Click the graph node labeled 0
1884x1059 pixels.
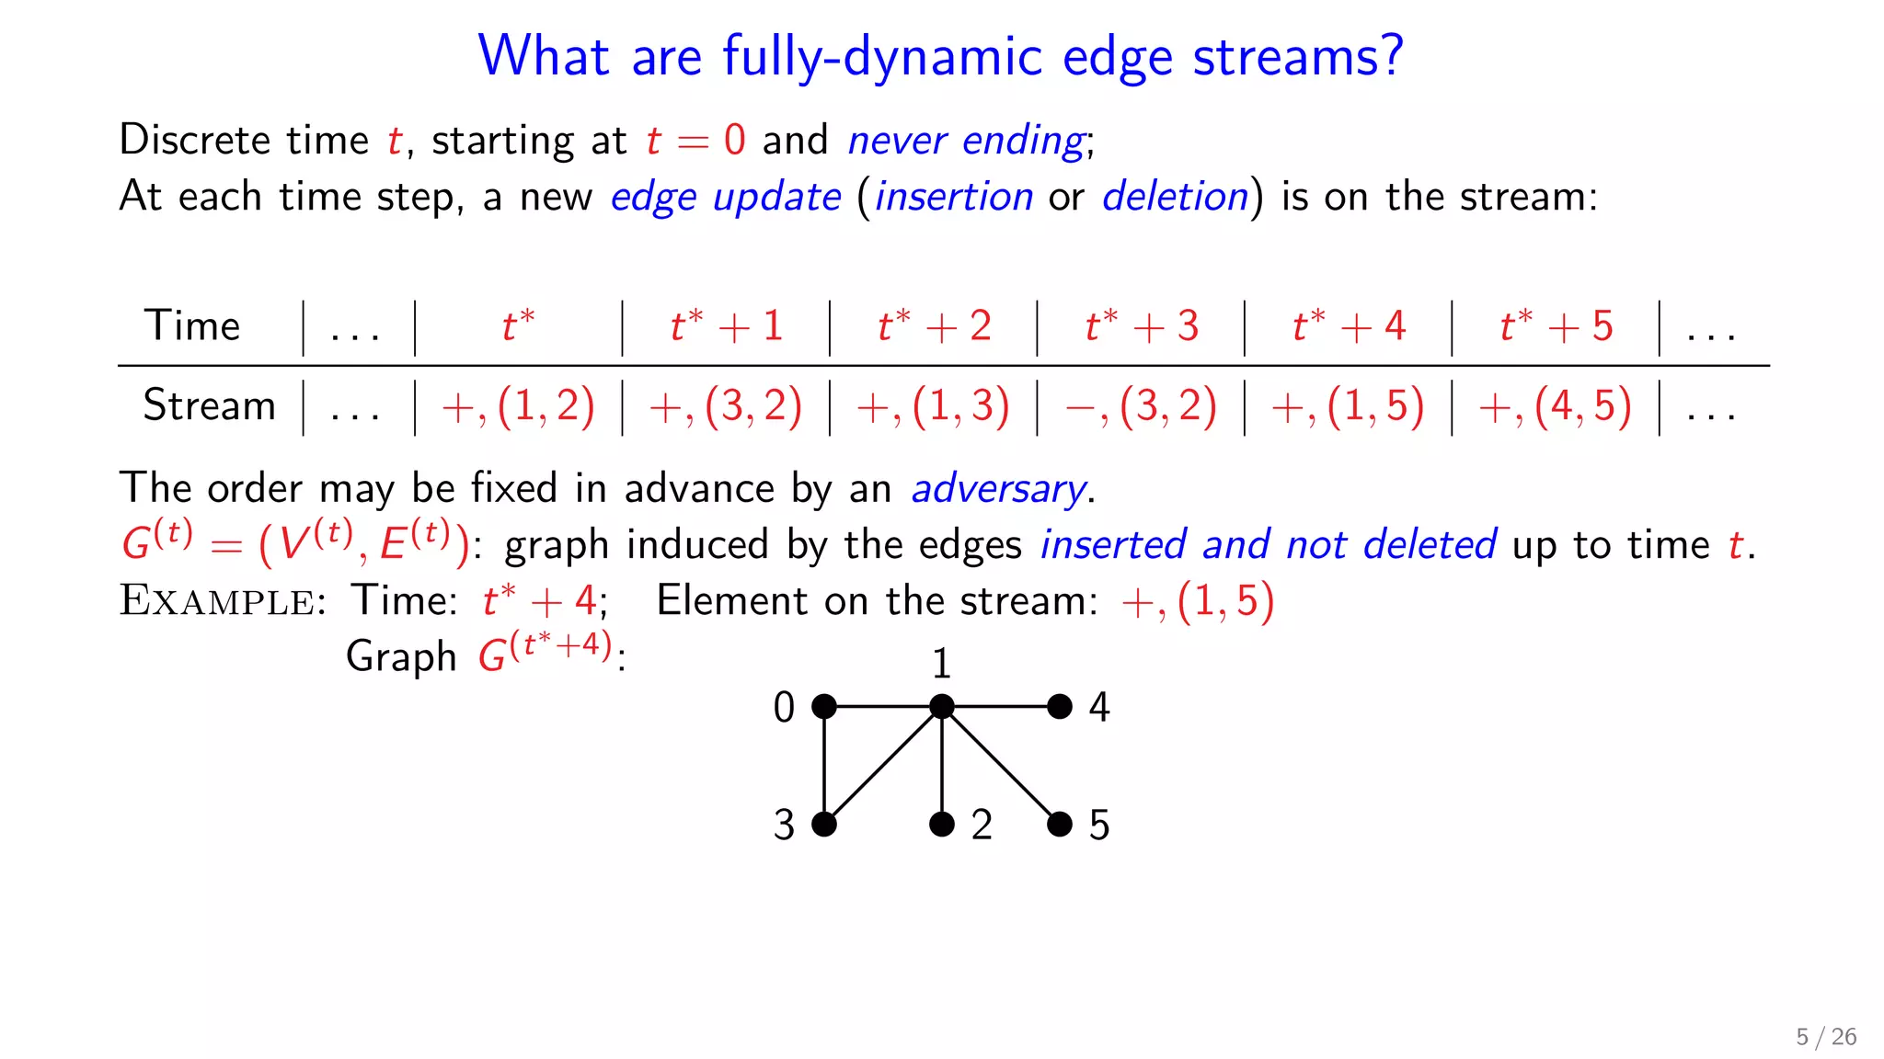(824, 706)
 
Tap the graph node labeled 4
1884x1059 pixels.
(1060, 706)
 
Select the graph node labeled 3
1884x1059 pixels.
(824, 824)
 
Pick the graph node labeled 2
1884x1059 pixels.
(942, 824)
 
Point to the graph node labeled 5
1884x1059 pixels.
(1060, 824)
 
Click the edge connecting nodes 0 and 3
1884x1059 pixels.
(824, 765)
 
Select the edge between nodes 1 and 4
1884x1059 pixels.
(1001, 706)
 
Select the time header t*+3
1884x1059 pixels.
(1142, 326)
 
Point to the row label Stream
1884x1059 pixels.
(209, 405)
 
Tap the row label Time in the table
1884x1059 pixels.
(192, 326)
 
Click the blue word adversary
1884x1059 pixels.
(998, 489)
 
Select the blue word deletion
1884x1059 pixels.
(1175, 197)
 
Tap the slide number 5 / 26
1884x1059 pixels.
(1826, 1037)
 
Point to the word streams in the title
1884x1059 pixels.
(1297, 57)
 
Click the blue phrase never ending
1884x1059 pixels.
(966, 141)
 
